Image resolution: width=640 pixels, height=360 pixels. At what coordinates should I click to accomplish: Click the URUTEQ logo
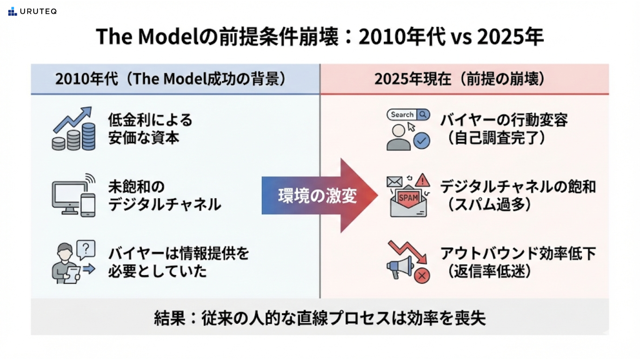click(x=32, y=12)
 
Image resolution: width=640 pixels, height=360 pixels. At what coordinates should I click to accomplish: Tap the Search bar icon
click(x=408, y=115)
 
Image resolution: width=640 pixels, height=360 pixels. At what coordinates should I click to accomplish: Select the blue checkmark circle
click(x=422, y=141)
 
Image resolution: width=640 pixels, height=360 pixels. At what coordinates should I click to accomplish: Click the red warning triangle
click(x=423, y=180)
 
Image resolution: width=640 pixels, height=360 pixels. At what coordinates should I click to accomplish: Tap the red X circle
click(x=422, y=276)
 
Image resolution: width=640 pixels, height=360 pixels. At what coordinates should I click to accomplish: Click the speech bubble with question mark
click(x=86, y=249)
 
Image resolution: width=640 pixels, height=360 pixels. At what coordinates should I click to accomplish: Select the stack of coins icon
click(x=74, y=137)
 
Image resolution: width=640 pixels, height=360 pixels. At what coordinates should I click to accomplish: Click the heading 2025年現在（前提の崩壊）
click(x=460, y=79)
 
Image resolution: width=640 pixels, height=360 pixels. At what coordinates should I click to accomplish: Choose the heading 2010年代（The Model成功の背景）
click(x=170, y=79)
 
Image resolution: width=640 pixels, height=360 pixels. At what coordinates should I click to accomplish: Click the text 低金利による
click(x=150, y=120)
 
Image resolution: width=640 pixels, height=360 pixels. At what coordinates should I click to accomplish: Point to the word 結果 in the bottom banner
click(x=169, y=318)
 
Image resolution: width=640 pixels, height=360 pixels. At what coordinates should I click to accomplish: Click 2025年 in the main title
click(x=510, y=36)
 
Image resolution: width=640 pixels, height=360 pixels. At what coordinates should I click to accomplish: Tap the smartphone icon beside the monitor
click(x=88, y=205)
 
